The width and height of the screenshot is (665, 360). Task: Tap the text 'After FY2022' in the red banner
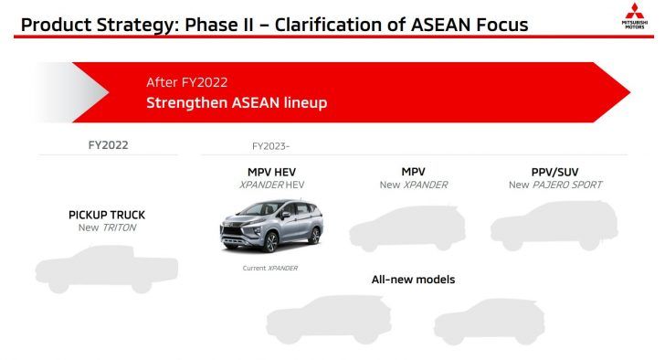[186, 82]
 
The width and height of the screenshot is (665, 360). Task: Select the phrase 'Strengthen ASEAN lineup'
[237, 102]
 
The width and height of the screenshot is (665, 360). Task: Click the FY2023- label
[270, 145]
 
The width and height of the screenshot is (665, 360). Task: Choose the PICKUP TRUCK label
[107, 215]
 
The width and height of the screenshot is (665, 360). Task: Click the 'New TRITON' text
[107, 228]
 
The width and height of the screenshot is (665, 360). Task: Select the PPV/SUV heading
[554, 171]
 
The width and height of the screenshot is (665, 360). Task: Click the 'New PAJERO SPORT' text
[554, 185]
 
